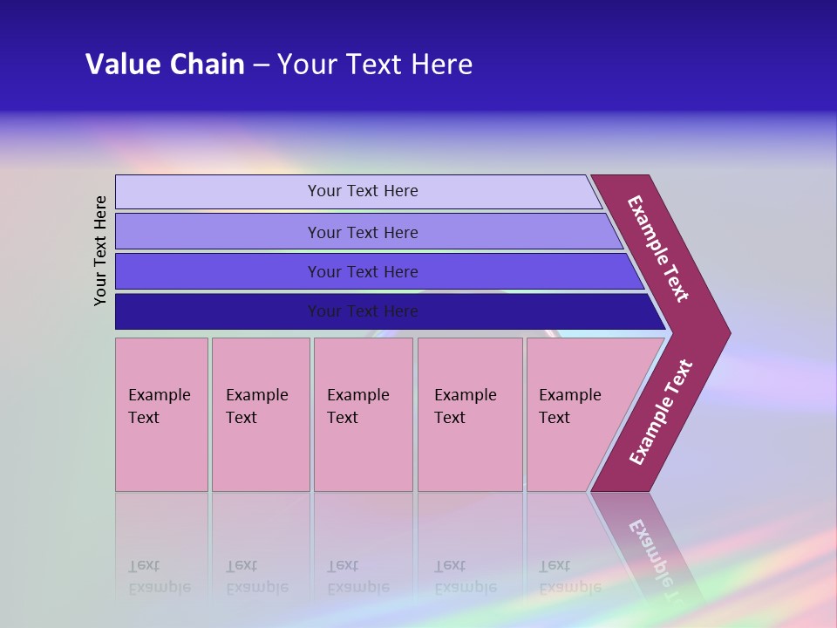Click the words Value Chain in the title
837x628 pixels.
tap(165, 65)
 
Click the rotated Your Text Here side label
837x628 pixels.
tap(101, 250)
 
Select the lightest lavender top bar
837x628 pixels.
tap(218, 192)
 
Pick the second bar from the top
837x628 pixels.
tap(218, 232)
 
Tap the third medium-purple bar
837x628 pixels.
tap(218, 271)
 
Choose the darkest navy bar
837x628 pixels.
tap(218, 311)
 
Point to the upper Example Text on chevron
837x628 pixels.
tap(658, 249)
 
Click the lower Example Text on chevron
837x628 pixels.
tap(661, 413)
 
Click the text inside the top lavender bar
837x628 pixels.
tap(363, 191)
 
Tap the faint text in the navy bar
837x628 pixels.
tap(363, 311)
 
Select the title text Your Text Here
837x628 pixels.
tap(375, 65)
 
